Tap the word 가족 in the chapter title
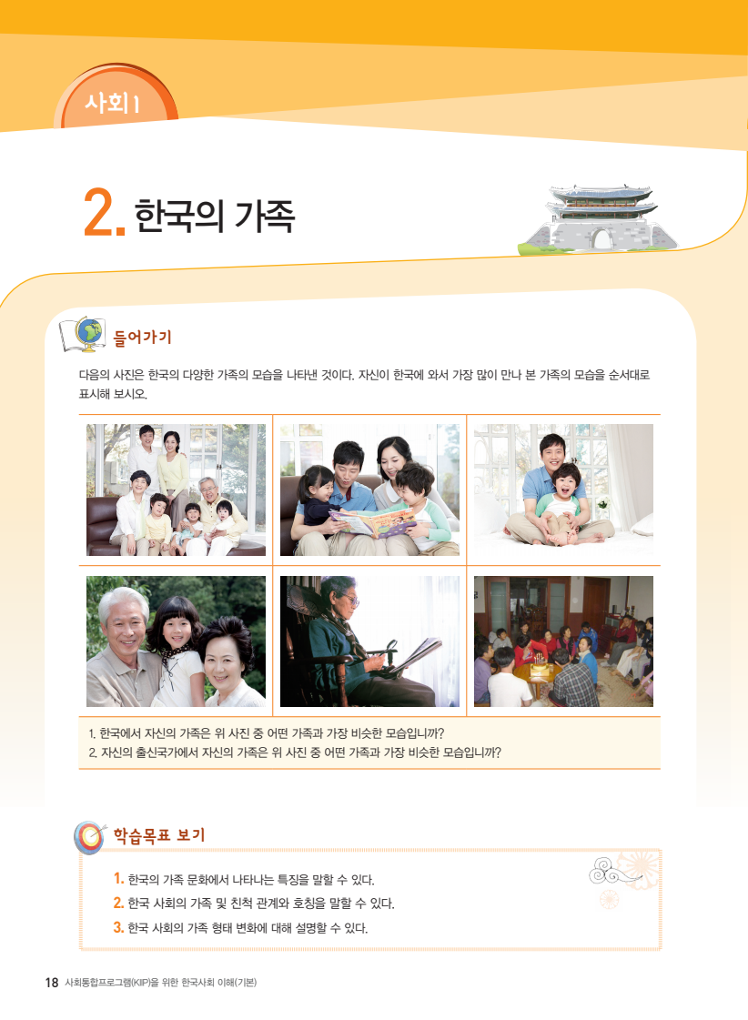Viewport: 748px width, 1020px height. [265, 216]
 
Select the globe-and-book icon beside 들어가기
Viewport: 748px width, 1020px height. [83, 334]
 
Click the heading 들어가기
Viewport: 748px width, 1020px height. [143, 337]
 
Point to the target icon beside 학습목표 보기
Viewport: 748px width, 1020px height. [90, 837]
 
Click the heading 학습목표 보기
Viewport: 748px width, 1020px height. [159, 835]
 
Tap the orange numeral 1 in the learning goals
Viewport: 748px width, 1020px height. [118, 879]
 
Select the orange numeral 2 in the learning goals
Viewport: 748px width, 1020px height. [118, 903]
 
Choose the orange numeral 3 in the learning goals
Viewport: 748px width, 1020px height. [118, 927]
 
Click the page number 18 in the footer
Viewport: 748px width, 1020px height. [52, 983]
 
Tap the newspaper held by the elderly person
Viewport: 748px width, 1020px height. [416, 656]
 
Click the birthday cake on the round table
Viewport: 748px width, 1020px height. [539, 665]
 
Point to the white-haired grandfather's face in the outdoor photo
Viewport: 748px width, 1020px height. [125, 621]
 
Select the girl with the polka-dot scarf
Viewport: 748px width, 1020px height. [176, 651]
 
